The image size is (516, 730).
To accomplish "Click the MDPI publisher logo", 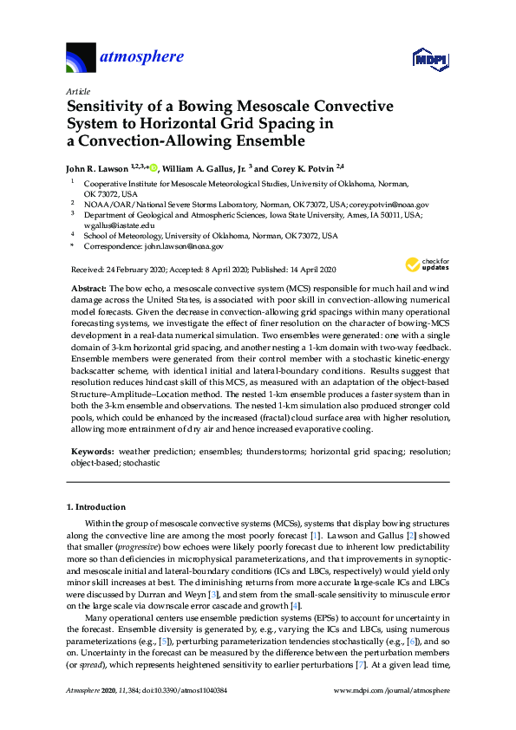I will (428, 59).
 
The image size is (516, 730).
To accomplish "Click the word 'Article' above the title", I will (77, 91).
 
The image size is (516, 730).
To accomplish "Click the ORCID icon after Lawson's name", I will (152, 167).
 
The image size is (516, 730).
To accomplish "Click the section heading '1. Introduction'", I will (96, 506).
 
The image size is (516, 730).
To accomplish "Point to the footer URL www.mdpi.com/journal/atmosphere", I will (391, 714).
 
